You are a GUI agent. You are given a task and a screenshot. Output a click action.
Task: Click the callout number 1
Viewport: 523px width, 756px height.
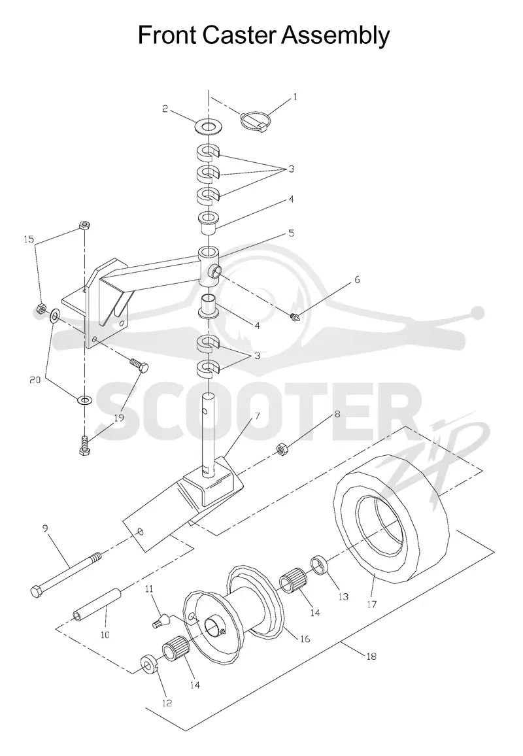pos(295,97)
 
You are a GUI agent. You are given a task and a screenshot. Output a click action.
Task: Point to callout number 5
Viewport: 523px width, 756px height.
pos(291,233)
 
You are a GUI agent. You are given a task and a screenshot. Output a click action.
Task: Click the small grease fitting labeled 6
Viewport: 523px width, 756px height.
pos(294,316)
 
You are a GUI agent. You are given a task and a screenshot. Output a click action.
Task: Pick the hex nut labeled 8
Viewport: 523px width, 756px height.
pos(282,451)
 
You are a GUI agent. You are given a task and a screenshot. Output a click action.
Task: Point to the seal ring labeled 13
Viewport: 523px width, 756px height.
pos(318,564)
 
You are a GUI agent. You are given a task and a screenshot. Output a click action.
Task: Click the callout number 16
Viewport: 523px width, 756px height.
pos(305,639)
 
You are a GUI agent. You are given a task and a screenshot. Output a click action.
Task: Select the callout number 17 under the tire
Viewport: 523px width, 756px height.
pos(371,604)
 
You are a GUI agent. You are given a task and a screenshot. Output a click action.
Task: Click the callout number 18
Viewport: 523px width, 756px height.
pos(371,656)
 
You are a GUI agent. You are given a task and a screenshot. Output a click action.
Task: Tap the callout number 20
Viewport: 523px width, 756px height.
pos(35,381)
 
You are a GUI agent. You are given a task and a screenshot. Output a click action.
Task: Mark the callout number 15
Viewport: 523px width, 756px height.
pos(29,239)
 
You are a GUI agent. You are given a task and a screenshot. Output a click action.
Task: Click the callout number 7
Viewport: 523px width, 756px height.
pos(257,415)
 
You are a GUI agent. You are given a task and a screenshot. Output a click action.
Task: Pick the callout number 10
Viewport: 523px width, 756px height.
pos(105,635)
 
